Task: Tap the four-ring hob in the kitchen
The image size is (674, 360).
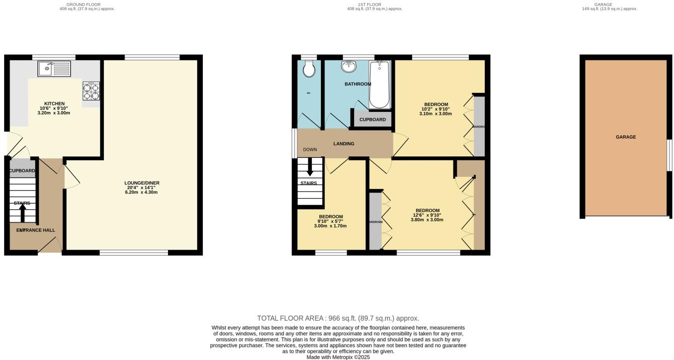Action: point(91,91)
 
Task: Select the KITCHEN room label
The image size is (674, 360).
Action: point(54,104)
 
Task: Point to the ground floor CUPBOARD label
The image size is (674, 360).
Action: point(22,171)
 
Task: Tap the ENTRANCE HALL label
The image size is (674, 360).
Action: point(36,230)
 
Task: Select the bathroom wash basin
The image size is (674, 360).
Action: point(349,66)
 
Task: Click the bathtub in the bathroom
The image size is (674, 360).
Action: point(379,84)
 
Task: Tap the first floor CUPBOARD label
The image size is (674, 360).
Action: point(373,119)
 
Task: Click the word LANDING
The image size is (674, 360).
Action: point(344,144)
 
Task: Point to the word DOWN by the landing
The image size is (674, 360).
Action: point(310,150)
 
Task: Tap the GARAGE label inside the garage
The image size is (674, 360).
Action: point(626,137)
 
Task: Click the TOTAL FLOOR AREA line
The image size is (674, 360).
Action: point(338,318)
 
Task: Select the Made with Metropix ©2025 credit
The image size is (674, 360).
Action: point(338,357)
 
